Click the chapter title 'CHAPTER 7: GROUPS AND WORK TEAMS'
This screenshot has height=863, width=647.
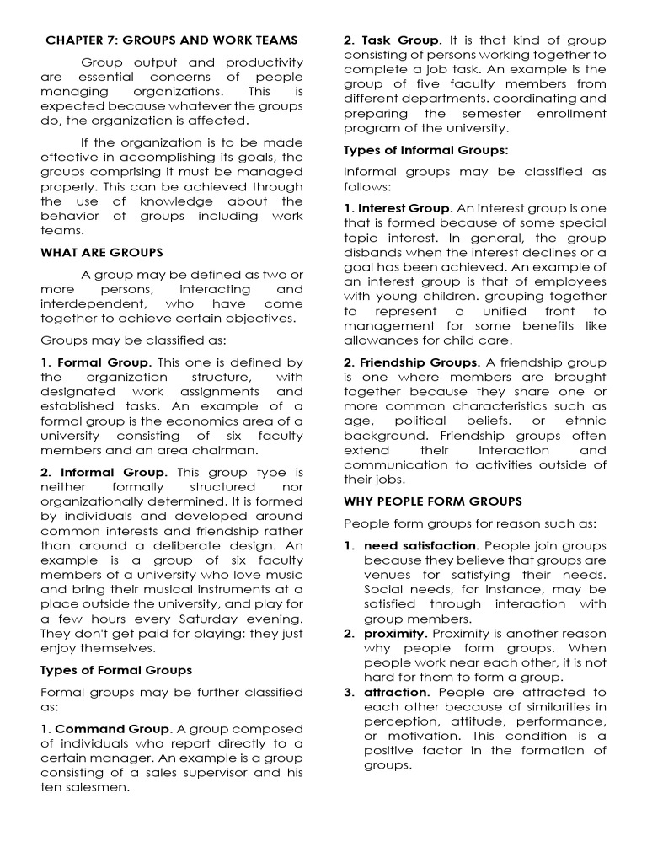(172, 40)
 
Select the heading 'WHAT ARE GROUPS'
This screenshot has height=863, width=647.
(102, 253)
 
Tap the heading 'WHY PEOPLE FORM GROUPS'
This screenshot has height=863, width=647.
(432, 501)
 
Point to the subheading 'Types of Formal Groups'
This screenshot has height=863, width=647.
(116, 671)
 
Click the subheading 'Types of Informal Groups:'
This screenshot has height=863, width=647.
(425, 150)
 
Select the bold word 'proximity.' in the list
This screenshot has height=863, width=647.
(396, 634)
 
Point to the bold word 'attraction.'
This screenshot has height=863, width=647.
(397, 693)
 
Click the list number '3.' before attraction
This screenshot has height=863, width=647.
(349, 693)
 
